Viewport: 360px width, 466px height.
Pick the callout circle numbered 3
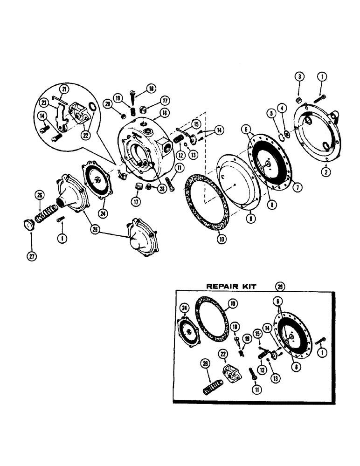click(x=298, y=76)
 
